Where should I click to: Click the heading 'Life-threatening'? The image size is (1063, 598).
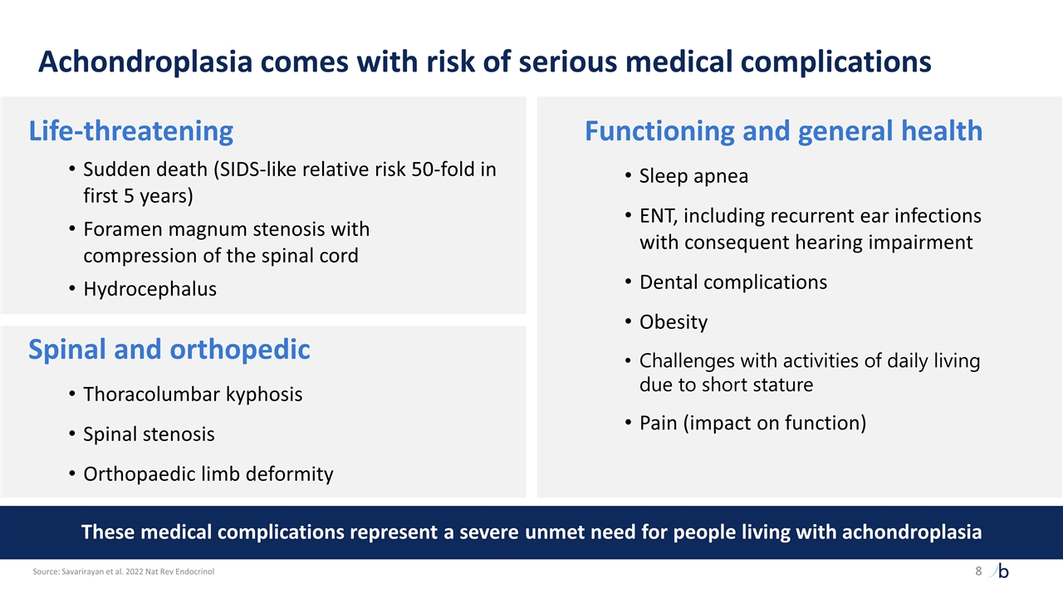coord(130,131)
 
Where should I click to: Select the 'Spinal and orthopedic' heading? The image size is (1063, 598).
coord(169,350)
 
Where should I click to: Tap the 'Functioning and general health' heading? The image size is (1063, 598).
coord(783,131)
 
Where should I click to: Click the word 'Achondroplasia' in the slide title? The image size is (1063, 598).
coord(145,62)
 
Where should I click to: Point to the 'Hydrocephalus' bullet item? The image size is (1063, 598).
coord(149,289)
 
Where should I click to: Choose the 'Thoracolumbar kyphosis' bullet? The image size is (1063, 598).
coord(193,395)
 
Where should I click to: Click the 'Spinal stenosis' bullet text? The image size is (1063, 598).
coord(149,434)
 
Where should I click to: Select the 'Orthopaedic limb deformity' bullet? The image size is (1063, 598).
coord(208,474)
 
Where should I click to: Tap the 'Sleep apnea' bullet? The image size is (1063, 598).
coord(693,176)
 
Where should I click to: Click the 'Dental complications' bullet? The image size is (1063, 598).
coord(732,282)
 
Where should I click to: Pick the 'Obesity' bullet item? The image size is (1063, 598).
coord(673,322)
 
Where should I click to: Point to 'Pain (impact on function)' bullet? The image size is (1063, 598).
coord(752,424)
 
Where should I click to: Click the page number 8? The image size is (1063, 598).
coord(977,571)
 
